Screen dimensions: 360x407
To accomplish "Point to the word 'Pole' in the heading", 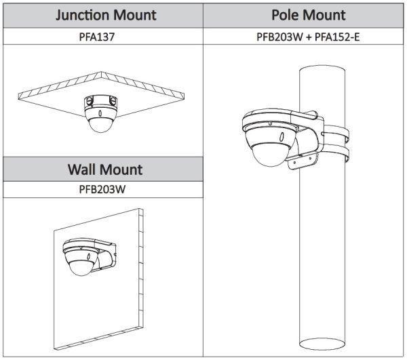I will tap(288, 14).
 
